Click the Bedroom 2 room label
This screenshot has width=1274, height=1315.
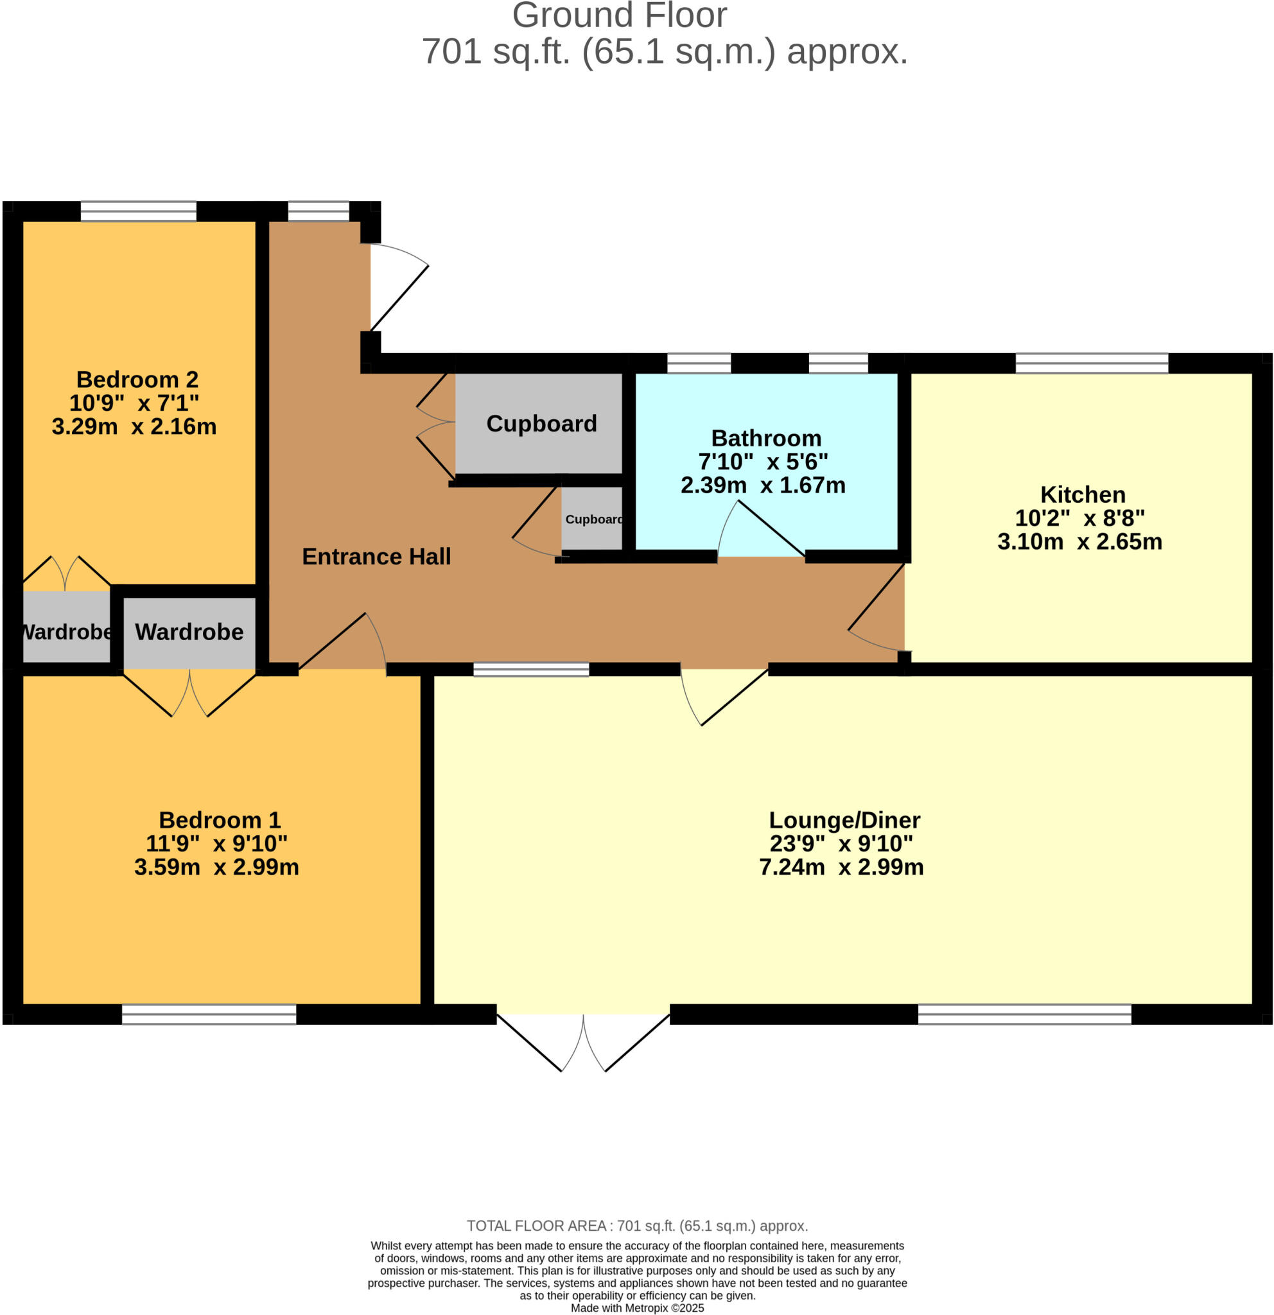[137, 379]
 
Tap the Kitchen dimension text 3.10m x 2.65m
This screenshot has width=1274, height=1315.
[1079, 541]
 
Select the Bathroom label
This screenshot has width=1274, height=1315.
[765, 438]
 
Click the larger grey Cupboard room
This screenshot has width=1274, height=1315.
[541, 423]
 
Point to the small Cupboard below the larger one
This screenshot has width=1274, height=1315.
[593, 519]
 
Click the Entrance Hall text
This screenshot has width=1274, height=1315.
[376, 556]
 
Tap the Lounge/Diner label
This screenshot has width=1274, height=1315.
[844, 820]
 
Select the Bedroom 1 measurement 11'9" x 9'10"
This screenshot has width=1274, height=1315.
[216, 843]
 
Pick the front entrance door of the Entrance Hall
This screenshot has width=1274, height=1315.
[396, 288]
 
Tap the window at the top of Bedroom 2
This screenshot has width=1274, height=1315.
[138, 211]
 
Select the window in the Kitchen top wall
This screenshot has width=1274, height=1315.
[1092, 363]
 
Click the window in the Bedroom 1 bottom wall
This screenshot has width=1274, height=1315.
[209, 1015]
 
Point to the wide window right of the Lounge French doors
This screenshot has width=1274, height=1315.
[1024, 1015]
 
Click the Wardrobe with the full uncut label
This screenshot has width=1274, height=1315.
[189, 632]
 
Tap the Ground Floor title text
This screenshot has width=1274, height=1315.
[618, 15]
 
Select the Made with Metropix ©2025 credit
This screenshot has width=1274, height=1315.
[636, 1309]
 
